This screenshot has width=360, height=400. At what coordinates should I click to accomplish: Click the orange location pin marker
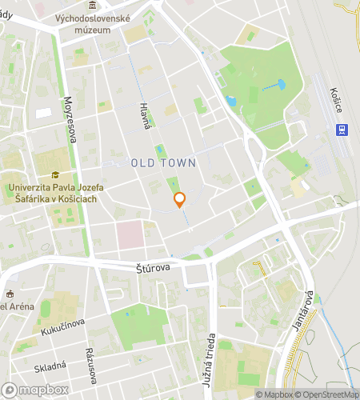pos(180,200)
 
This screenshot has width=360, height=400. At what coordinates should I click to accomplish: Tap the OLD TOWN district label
pos(163,162)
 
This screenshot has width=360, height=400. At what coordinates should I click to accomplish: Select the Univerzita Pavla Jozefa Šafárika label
pos(53,193)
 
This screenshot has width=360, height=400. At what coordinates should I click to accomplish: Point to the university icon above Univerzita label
pos(54,175)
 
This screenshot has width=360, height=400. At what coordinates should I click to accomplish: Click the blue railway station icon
pos(342,130)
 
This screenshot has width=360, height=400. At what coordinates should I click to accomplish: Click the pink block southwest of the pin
pos(130,234)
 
